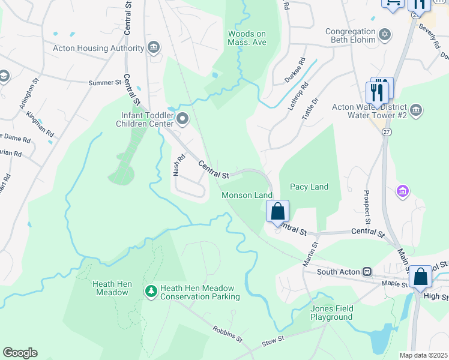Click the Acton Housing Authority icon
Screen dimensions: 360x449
153,47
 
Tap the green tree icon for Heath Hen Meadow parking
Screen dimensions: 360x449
151,291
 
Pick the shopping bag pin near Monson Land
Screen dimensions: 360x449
277,211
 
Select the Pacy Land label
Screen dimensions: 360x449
309,187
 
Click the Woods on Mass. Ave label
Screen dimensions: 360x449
247,38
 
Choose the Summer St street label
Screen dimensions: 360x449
105,83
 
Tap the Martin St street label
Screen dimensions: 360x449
309,253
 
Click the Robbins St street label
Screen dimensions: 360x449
227,334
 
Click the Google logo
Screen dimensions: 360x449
20,353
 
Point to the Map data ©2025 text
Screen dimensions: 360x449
423,355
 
